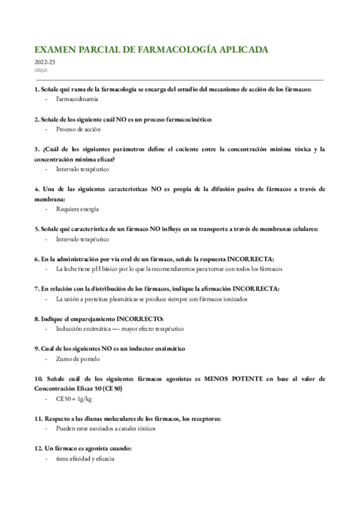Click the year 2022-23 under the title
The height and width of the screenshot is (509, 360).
pos(46,62)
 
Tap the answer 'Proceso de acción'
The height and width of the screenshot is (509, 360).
pos(78,129)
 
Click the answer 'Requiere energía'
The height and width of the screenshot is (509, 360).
pos(77,209)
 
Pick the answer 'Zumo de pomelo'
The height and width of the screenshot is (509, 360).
pos(78,359)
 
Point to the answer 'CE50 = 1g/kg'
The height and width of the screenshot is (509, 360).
pos(74,399)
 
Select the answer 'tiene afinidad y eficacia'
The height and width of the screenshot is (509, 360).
pos(85,459)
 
